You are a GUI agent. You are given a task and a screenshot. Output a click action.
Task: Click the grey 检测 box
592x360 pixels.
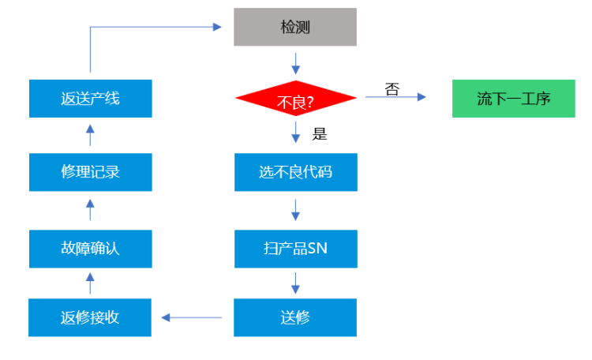(295, 27)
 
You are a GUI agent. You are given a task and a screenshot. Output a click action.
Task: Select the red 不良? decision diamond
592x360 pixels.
(295, 99)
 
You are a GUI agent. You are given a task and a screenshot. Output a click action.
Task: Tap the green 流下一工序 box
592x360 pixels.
(513, 99)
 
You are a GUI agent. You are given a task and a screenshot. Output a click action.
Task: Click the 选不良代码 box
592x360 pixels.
(295, 171)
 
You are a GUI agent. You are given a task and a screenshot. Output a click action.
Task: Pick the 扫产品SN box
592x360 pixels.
(295, 249)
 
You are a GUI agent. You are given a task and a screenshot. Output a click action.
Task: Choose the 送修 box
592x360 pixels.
(295, 317)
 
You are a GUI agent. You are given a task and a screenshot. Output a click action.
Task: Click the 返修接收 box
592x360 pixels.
(90, 317)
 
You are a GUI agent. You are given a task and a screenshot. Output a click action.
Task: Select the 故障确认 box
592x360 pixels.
(90, 249)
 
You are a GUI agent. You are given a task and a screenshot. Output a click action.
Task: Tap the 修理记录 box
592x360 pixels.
(90, 171)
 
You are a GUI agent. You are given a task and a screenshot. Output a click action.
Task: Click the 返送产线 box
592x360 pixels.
(90, 99)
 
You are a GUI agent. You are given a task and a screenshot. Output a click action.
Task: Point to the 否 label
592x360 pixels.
(392, 88)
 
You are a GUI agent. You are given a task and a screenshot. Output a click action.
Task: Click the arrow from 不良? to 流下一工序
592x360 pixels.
(395, 97)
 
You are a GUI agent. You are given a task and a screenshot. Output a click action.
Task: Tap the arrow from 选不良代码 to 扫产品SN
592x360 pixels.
(295, 210)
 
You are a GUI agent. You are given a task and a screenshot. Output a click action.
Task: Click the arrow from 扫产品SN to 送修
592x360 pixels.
(295, 282)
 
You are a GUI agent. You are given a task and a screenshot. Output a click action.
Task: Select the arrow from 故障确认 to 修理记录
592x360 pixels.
(90, 210)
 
